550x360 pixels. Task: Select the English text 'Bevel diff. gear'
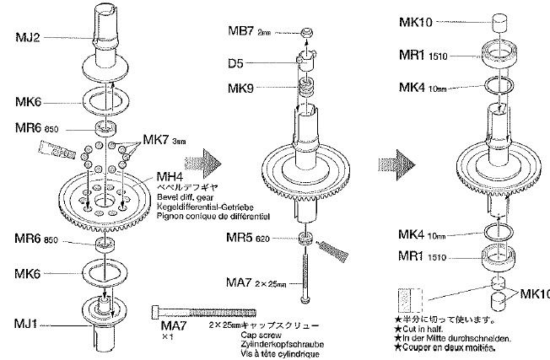tap(183, 196)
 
